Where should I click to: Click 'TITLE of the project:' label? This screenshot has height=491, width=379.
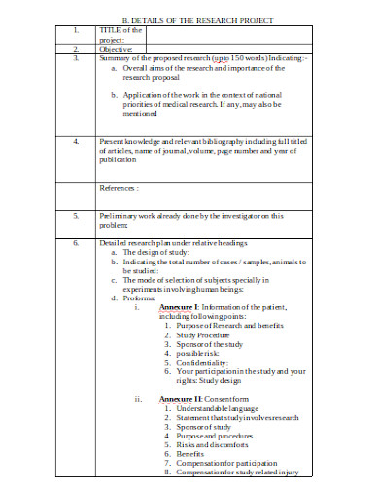point(121,35)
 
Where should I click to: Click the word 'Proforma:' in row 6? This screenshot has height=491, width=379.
point(143,298)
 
